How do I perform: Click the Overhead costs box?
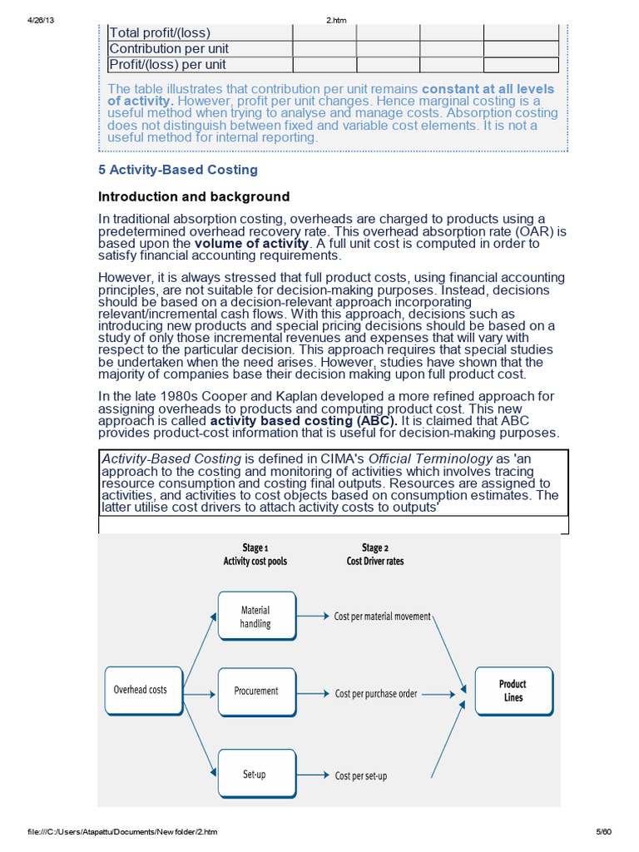(141, 690)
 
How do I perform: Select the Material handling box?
(256, 617)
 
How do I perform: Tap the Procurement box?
(256, 691)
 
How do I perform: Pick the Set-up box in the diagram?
(255, 774)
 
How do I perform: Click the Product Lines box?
(513, 691)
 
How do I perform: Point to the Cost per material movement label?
(383, 617)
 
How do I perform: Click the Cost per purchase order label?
(376, 692)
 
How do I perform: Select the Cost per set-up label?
(361, 775)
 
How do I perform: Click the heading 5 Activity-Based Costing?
(178, 170)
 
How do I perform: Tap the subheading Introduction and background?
(194, 197)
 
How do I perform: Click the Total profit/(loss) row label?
(160, 33)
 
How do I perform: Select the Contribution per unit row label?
(169, 49)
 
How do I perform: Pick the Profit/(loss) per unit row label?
(168, 65)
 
